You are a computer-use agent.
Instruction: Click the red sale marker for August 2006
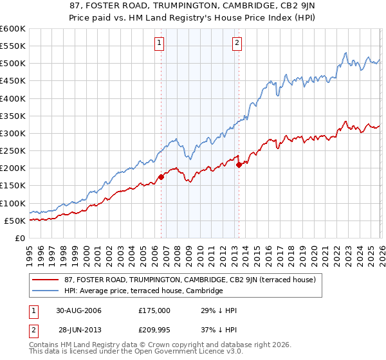point(161,177)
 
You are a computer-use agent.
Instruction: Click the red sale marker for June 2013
point(239,165)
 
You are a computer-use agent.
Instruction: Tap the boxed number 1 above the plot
point(159,43)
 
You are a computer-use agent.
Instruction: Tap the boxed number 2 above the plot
point(237,43)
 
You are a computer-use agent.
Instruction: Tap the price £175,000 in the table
point(154,310)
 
